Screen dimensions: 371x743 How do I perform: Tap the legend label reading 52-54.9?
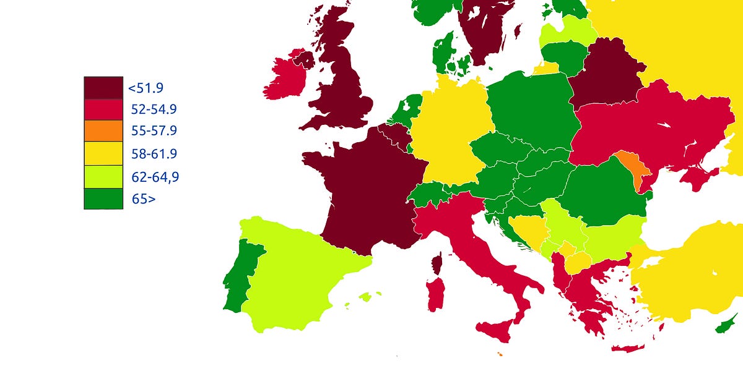point(154,110)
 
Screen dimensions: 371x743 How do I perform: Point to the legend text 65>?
point(143,199)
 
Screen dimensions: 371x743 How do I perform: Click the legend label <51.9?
point(146,88)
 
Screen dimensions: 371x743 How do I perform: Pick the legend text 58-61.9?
point(154,154)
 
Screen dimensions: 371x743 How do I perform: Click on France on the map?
point(365,192)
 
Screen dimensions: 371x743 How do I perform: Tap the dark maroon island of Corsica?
point(437,264)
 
